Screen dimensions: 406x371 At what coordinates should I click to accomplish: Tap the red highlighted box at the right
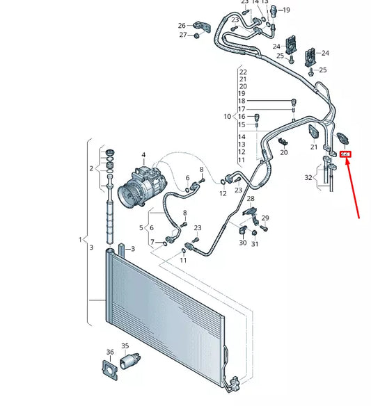pos(345,155)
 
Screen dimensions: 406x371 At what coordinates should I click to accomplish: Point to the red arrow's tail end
pos(360,217)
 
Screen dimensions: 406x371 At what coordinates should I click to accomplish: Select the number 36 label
pos(110,352)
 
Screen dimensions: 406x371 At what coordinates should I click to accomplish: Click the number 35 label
pos(125,346)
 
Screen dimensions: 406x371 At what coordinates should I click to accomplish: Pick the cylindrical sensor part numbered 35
pos(129,361)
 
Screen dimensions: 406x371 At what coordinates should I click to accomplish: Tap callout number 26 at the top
pos(182,25)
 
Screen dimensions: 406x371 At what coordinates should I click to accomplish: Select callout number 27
pos(183,35)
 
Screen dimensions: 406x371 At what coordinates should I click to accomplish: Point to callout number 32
pos(309,178)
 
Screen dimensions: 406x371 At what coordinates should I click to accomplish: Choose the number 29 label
pos(265,218)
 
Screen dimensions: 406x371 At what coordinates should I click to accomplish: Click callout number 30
pos(242,243)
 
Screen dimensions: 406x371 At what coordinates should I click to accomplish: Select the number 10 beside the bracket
pos(227,116)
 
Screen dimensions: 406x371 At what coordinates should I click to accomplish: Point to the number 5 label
pos(141,228)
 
